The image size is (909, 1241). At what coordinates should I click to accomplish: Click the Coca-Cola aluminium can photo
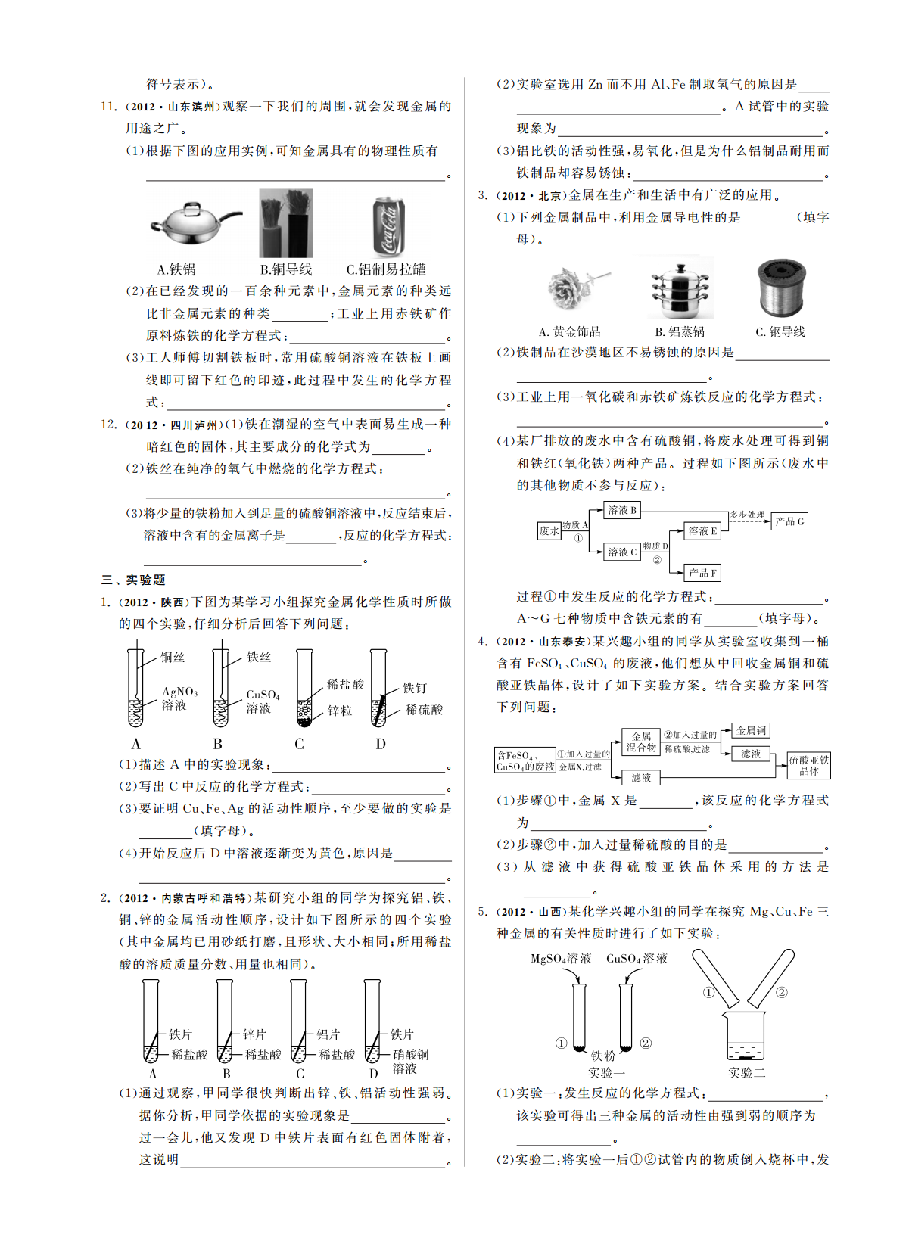point(389,225)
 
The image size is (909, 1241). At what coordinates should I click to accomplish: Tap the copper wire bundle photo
point(286,224)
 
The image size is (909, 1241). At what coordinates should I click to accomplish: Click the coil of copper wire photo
point(781,288)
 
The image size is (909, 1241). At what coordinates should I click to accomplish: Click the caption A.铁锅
point(176,269)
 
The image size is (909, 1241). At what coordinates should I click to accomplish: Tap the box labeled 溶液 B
point(622,510)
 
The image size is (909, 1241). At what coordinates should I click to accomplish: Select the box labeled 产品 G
point(789,521)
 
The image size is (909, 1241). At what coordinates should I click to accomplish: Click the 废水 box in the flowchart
point(549,531)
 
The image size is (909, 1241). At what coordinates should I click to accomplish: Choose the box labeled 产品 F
point(702,573)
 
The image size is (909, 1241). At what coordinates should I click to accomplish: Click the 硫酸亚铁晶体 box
point(808,765)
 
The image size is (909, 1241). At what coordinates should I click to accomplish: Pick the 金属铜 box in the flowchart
point(751,730)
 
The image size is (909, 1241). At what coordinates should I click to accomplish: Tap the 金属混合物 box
point(641,742)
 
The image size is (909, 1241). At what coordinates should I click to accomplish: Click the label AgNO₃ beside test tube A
point(179,692)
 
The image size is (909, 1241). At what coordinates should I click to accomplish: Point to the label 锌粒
point(340,711)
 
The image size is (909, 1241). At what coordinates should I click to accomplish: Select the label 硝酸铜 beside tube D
point(410,1054)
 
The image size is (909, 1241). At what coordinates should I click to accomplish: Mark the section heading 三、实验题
point(133,580)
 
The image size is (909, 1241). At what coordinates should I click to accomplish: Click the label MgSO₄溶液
point(561,959)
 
